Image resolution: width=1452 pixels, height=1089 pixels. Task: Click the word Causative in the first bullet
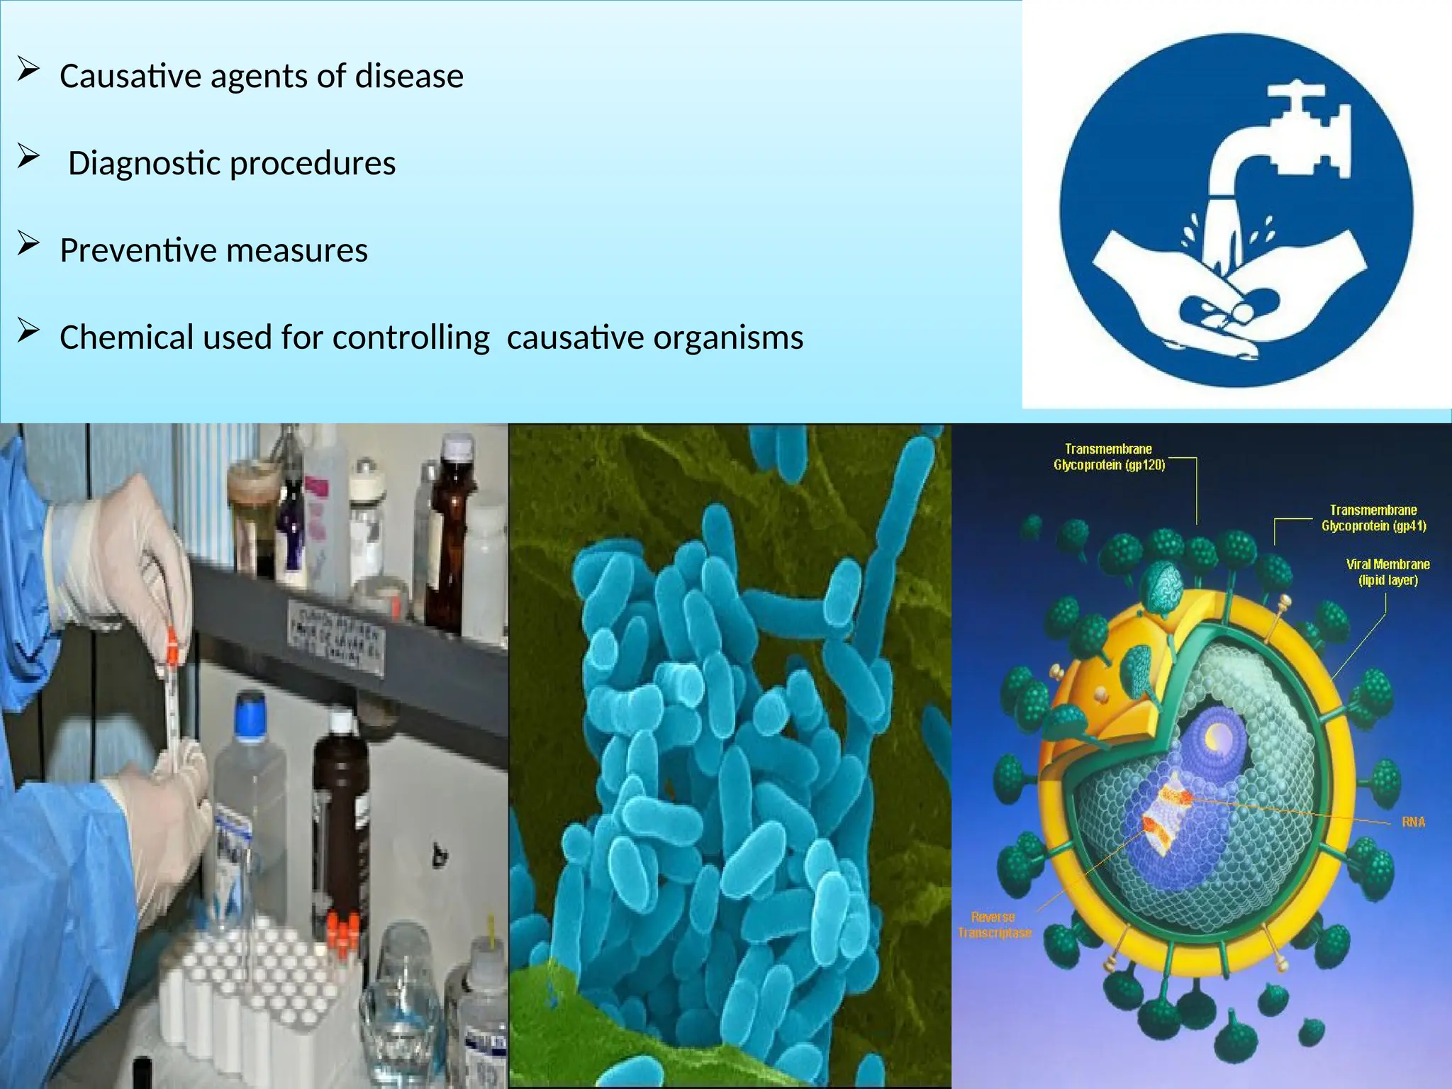[x=129, y=77]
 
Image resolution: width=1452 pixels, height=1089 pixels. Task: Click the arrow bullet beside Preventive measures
[x=28, y=245]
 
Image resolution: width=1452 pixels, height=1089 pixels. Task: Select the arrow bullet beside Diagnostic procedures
[x=28, y=157]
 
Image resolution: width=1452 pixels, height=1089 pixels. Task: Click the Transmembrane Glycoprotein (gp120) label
[x=1109, y=457]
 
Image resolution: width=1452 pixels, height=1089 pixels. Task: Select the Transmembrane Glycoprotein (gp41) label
[x=1373, y=518]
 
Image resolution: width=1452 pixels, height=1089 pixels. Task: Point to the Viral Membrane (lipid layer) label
[x=1387, y=572]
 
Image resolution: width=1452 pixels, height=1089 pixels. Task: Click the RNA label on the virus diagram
[x=1412, y=822]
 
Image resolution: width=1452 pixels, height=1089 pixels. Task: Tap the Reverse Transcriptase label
[x=994, y=925]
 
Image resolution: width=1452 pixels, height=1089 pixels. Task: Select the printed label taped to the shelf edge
[x=336, y=635]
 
